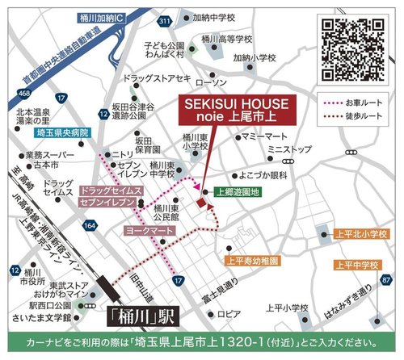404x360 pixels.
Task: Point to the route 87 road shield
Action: pos(387,280)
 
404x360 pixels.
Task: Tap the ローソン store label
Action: pos(213,83)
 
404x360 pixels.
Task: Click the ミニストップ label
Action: pos(289,150)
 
